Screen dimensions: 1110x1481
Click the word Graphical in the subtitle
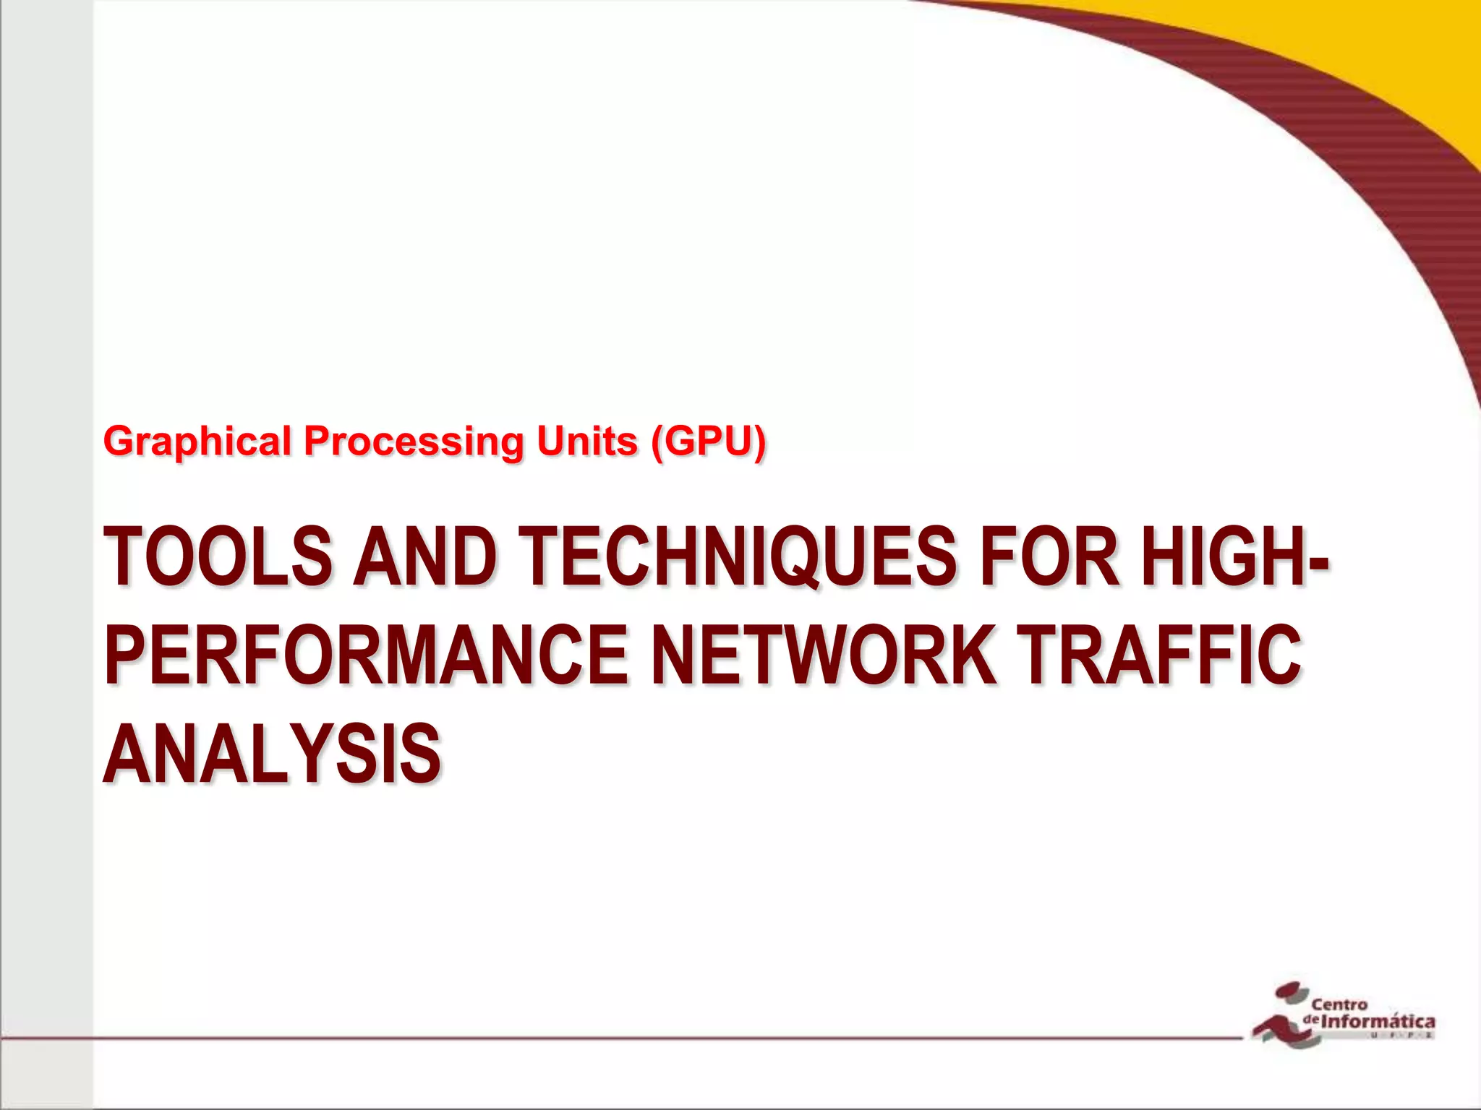tap(197, 442)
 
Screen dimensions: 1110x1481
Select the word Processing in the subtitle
tap(413, 442)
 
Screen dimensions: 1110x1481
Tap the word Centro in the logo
tap(1339, 1004)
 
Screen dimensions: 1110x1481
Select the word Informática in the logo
tap(1378, 1022)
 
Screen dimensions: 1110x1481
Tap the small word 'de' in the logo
tap(1312, 1019)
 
